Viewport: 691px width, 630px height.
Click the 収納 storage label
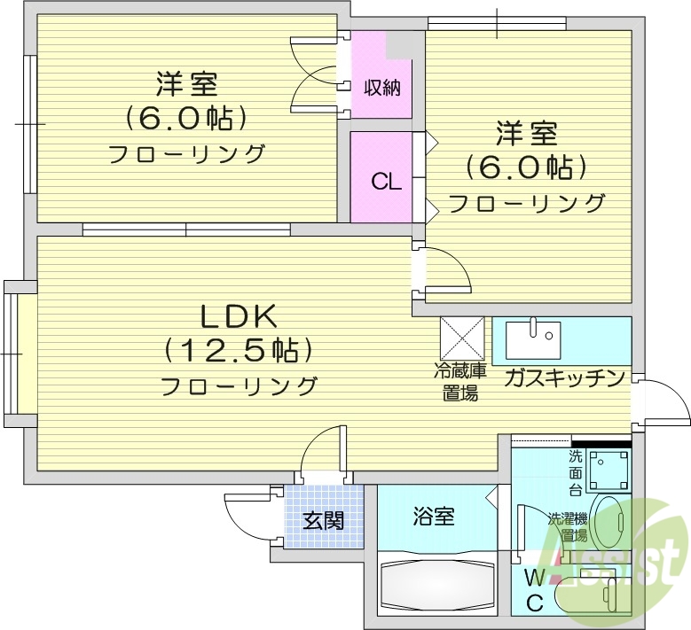coord(381,88)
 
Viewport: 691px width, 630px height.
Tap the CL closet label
coord(386,183)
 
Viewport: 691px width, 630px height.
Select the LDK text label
coord(239,315)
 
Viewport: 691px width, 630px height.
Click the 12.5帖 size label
coord(239,351)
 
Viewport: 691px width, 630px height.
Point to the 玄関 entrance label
coord(323,520)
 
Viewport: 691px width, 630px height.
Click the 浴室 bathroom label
coord(434,516)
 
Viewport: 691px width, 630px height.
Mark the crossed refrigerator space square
coord(461,338)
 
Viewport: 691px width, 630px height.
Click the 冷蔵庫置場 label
coord(460,383)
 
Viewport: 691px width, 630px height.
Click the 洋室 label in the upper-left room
coord(186,86)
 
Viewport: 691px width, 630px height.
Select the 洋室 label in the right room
coord(526,136)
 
